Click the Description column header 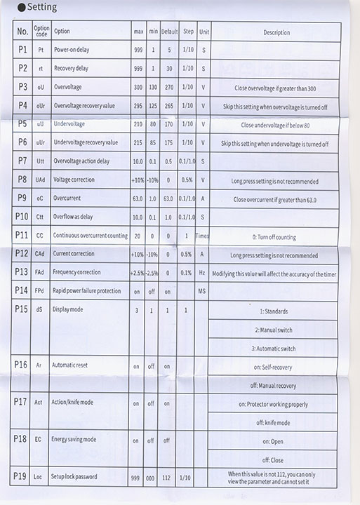point(276,32)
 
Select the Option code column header point(41,32)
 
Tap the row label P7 point(22,161)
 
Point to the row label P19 point(20,477)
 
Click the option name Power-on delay point(71,50)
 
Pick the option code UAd point(40,180)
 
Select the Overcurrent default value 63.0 point(168,198)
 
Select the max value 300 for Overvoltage point(138,88)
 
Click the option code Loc point(39,477)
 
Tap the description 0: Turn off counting point(275,236)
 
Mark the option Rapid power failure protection point(89,290)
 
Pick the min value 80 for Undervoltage point(153,124)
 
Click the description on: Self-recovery point(275,366)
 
